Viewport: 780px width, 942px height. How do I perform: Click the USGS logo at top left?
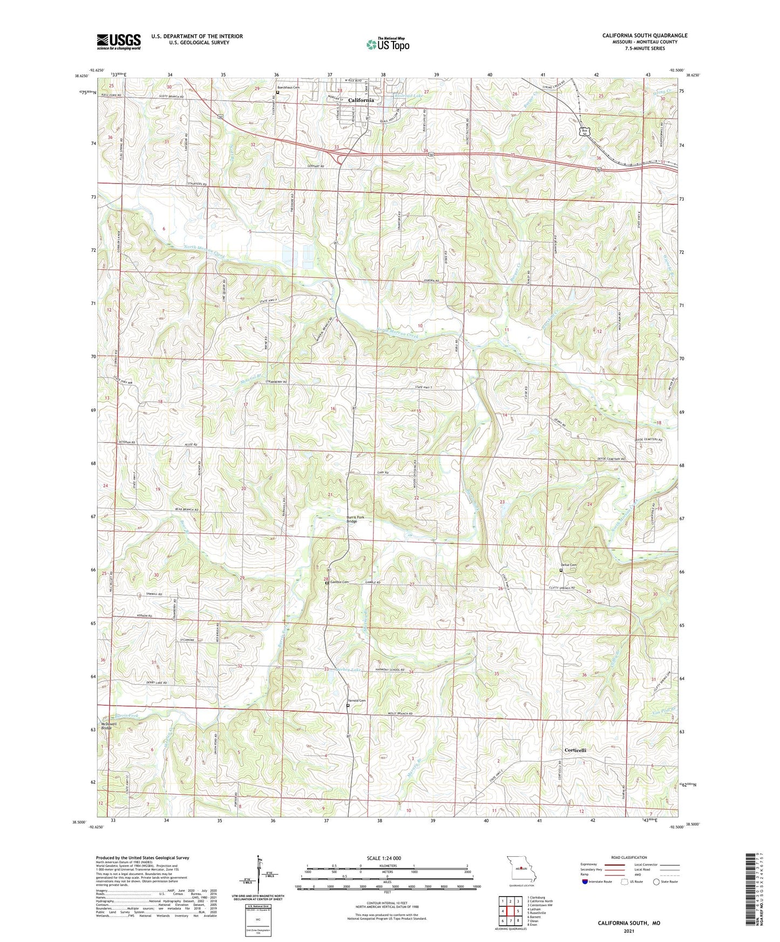(119, 42)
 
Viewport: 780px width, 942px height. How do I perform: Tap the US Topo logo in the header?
(387, 44)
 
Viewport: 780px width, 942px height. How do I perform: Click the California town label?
(361, 100)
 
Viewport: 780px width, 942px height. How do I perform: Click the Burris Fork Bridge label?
(355, 520)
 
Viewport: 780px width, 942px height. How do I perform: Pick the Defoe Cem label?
(573, 565)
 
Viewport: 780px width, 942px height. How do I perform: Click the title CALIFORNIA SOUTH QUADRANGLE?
(645, 36)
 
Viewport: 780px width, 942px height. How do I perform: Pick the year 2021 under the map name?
(628, 931)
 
